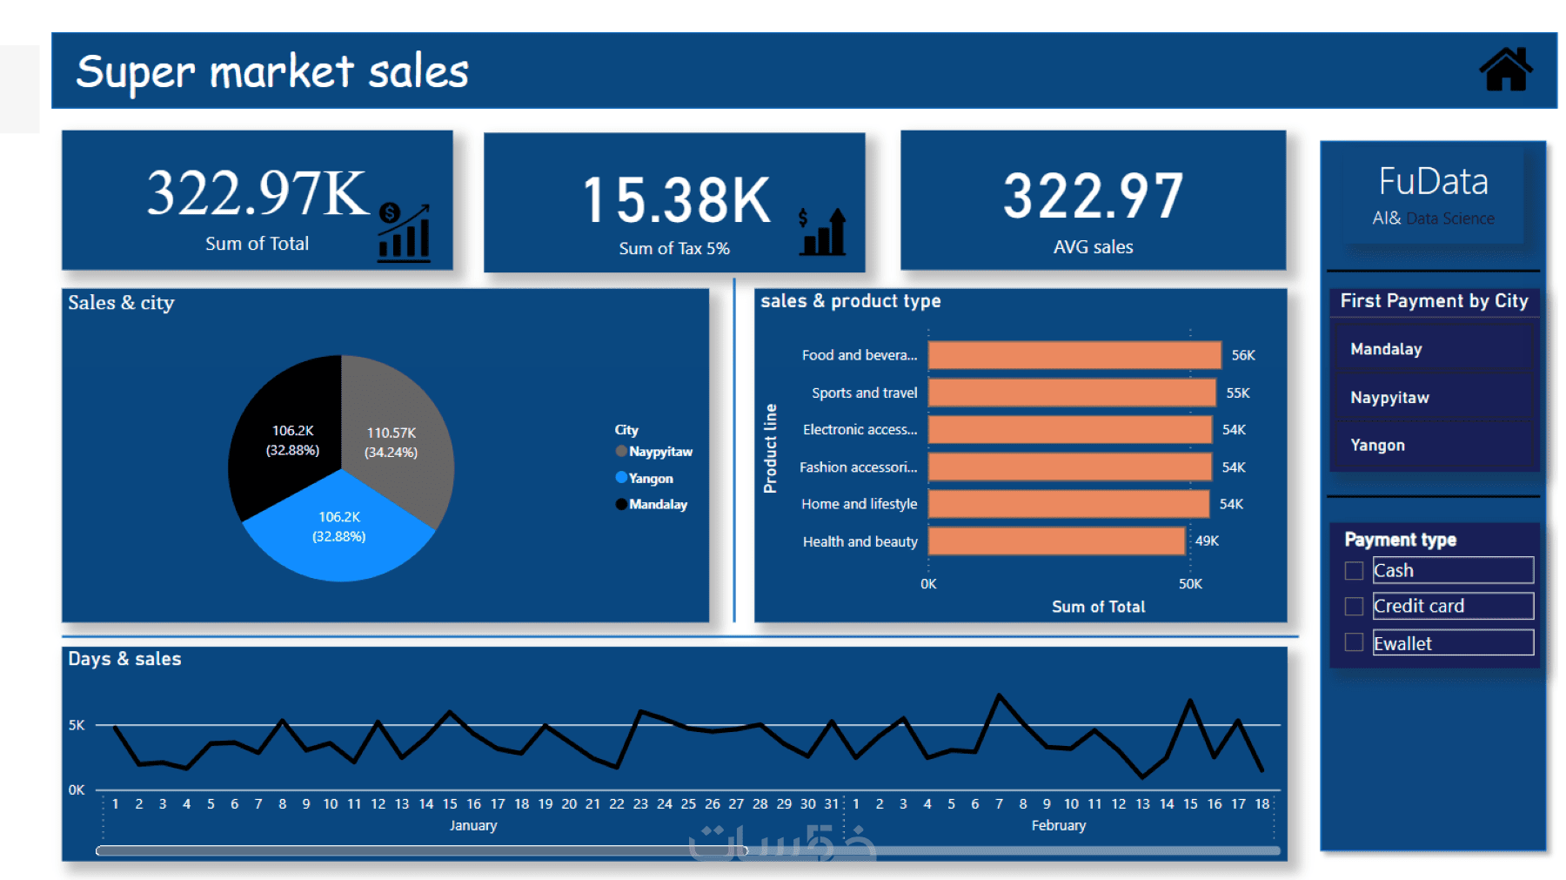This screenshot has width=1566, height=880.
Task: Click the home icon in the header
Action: [x=1505, y=70]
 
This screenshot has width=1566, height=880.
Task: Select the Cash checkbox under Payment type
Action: [x=1354, y=571]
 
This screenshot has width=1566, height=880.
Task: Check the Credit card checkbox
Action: [x=1354, y=607]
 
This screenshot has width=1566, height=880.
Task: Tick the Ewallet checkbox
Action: [x=1354, y=643]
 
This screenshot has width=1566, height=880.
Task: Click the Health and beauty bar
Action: [x=1056, y=541]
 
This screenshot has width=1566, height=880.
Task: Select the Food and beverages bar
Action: [x=1074, y=355]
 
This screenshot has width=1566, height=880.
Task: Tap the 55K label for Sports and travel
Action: [x=1237, y=393]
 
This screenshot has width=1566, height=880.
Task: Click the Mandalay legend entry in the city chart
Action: [x=657, y=504]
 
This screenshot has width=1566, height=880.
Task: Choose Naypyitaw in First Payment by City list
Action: [x=1389, y=398]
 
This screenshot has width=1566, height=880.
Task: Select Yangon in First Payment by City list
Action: [x=1377, y=445]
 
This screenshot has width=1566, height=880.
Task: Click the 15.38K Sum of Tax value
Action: [x=676, y=200]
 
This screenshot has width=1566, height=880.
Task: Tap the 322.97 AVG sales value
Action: [x=1093, y=196]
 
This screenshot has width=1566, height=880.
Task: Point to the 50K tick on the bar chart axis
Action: [x=1190, y=584]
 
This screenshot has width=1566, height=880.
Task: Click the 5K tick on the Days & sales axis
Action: [x=77, y=725]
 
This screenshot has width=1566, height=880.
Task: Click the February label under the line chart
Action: [x=1058, y=825]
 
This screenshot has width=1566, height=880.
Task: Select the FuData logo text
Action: [x=1433, y=182]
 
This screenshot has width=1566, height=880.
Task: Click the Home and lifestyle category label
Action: [x=859, y=504]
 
